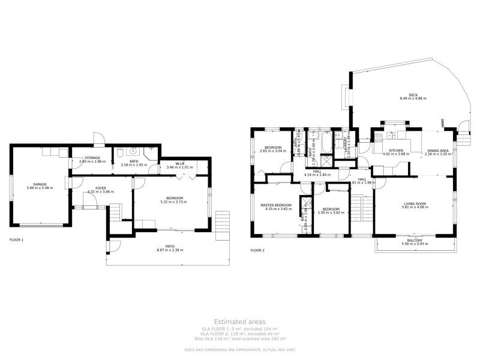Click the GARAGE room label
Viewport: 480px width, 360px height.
40,184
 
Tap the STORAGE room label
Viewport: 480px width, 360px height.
92,158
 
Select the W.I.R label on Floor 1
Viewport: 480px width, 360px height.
179,163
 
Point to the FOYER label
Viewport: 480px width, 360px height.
92,188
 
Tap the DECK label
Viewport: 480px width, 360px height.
413,94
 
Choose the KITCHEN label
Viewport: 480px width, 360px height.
395,151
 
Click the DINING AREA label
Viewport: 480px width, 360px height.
437,151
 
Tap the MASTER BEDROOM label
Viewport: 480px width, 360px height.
276,205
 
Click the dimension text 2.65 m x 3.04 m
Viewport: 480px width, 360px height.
273,151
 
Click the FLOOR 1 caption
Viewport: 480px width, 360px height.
17,239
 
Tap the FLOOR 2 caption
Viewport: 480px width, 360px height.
257,250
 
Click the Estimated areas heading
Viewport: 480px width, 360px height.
239,322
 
